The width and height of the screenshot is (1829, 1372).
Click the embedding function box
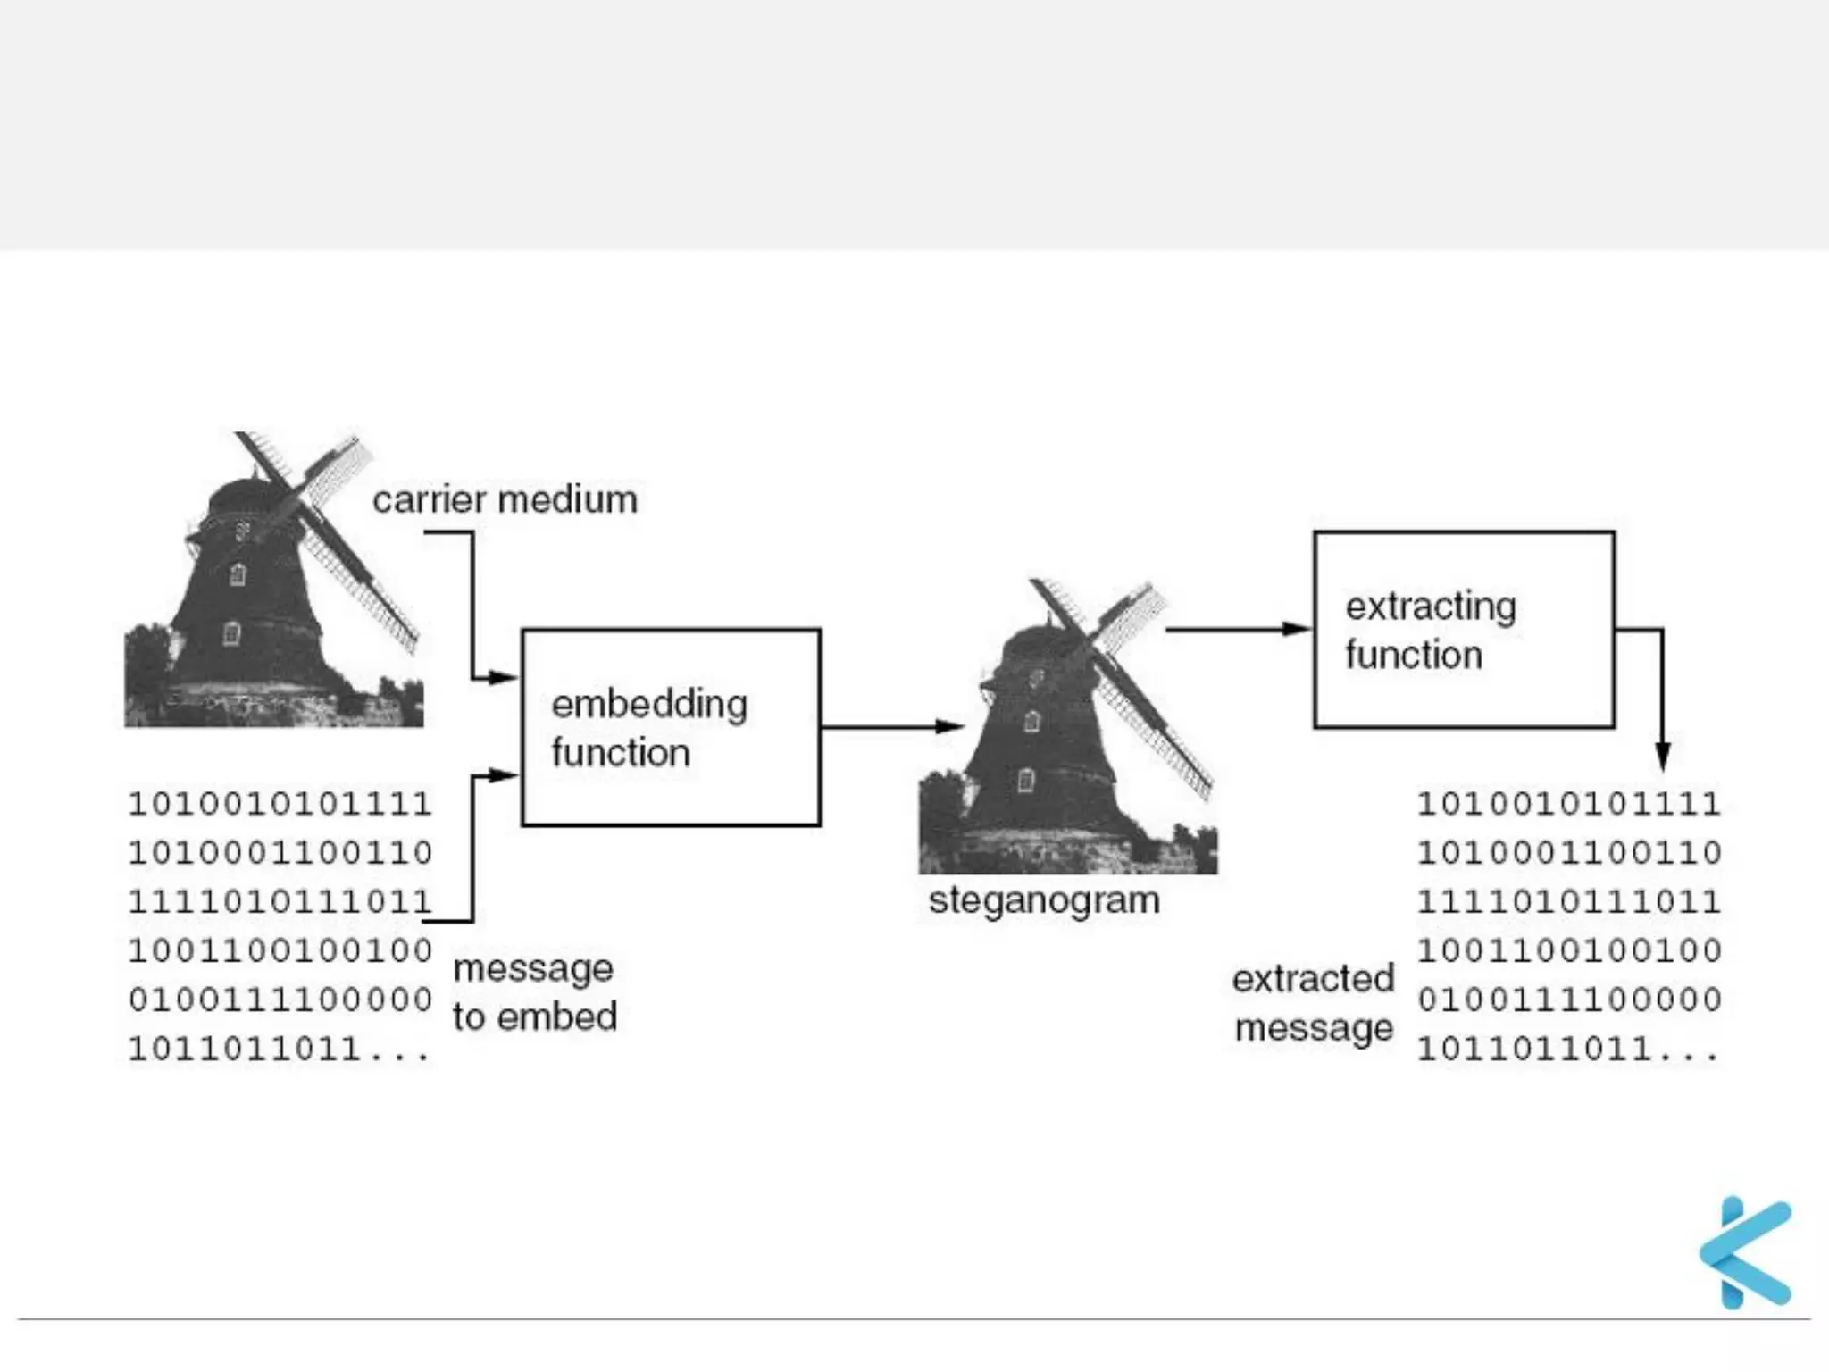(x=671, y=727)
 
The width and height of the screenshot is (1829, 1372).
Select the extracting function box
(x=1464, y=630)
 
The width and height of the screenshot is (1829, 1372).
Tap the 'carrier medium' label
(x=505, y=500)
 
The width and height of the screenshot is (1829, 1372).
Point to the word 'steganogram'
(x=1044, y=900)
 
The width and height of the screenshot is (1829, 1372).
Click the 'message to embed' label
(x=534, y=992)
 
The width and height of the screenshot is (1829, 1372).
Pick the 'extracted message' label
(x=1313, y=1003)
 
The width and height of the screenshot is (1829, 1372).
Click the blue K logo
(x=1747, y=1252)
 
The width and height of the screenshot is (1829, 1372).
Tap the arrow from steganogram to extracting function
(x=1238, y=629)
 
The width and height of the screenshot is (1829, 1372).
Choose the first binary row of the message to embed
(x=280, y=804)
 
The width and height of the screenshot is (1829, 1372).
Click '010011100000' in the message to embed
(x=280, y=1000)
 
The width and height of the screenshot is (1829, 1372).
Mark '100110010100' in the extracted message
(x=1569, y=950)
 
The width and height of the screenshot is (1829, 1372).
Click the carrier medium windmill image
(x=272, y=581)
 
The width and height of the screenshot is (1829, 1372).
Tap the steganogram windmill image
(x=1067, y=728)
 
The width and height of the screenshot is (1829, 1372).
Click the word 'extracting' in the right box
(x=1431, y=607)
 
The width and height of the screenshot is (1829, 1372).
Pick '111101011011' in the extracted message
(x=1569, y=901)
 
